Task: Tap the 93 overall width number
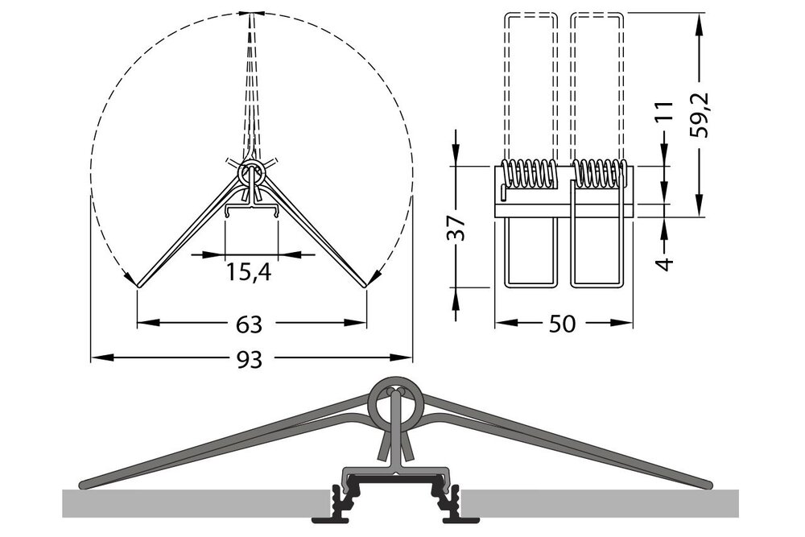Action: [250, 359]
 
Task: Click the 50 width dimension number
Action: [563, 324]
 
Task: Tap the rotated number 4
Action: [663, 263]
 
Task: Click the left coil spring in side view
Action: [530, 174]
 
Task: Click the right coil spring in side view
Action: [599, 174]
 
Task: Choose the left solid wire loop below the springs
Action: [530, 253]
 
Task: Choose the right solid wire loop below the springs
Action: [597, 253]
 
